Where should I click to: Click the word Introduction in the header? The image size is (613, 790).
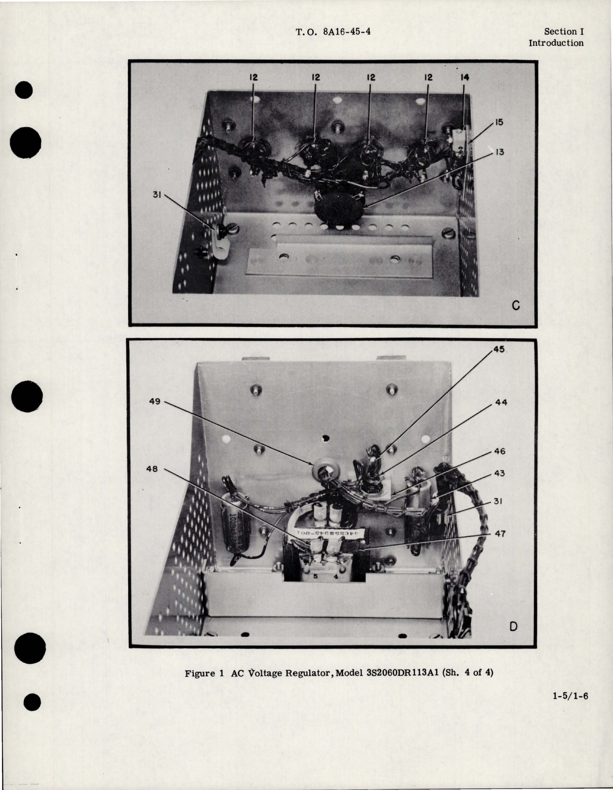click(556, 43)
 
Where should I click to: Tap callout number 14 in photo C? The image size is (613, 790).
click(464, 77)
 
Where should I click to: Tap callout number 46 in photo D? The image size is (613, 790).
click(499, 452)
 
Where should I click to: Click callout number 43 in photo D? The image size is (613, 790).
click(499, 474)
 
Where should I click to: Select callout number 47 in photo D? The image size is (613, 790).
click(499, 534)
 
